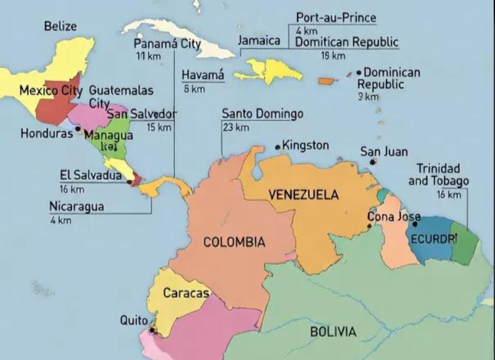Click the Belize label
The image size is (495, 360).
tap(60, 27)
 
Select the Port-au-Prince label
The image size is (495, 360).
tap(336, 18)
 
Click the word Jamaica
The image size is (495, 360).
tap(259, 41)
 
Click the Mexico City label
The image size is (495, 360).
tap(50, 90)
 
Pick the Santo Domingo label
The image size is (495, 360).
tap(262, 114)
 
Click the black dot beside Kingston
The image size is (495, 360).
tap(278, 147)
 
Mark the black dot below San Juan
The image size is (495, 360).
tap(373, 162)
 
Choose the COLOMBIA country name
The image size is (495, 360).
tap(234, 242)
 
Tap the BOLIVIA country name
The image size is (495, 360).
tap(333, 331)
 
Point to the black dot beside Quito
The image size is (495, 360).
tap(152, 330)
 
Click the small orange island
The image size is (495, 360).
tap(326, 81)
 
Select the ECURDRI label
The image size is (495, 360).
tap(432, 238)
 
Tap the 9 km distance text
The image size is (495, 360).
tap(369, 97)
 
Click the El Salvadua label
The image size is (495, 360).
tap(90, 176)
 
